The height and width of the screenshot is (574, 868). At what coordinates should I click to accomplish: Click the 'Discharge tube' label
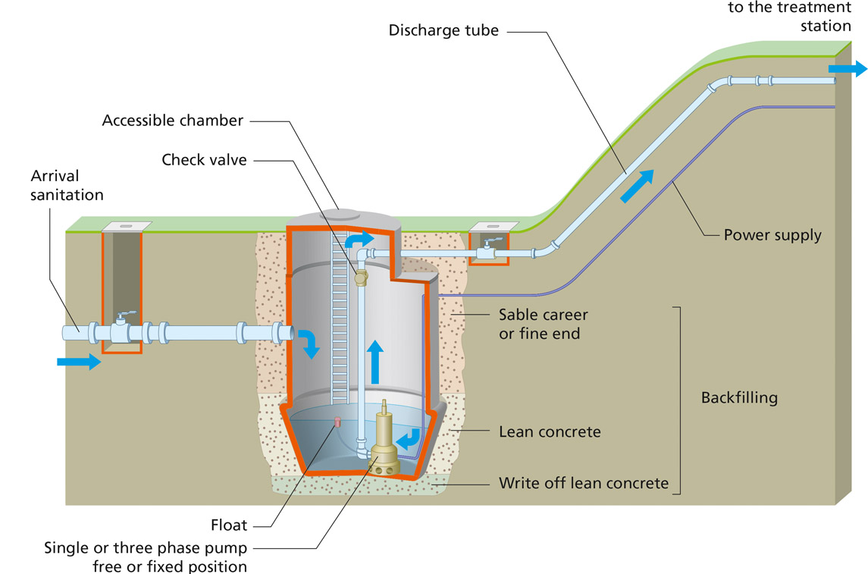coord(443,31)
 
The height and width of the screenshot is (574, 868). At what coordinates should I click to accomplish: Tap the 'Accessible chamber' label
coord(173,121)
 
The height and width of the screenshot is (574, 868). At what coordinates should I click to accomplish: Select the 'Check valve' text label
coord(204,160)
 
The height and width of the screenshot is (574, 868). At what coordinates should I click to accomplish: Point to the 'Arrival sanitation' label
coord(67,186)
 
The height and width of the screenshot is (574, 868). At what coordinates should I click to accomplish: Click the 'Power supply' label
coord(772,235)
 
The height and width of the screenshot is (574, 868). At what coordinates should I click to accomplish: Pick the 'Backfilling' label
coord(739,398)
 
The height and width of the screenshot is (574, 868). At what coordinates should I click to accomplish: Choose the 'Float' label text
coord(229,525)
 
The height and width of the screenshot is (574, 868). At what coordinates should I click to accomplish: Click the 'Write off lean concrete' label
coord(584,483)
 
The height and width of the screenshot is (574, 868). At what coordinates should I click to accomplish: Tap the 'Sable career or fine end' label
coord(543,324)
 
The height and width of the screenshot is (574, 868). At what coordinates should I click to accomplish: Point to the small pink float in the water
coord(338,421)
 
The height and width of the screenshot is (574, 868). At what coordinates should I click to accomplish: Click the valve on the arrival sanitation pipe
coord(121,330)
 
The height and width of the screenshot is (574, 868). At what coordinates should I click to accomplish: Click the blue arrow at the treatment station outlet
coord(848,70)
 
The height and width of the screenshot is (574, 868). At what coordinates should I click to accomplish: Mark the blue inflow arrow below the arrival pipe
coord(79,362)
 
